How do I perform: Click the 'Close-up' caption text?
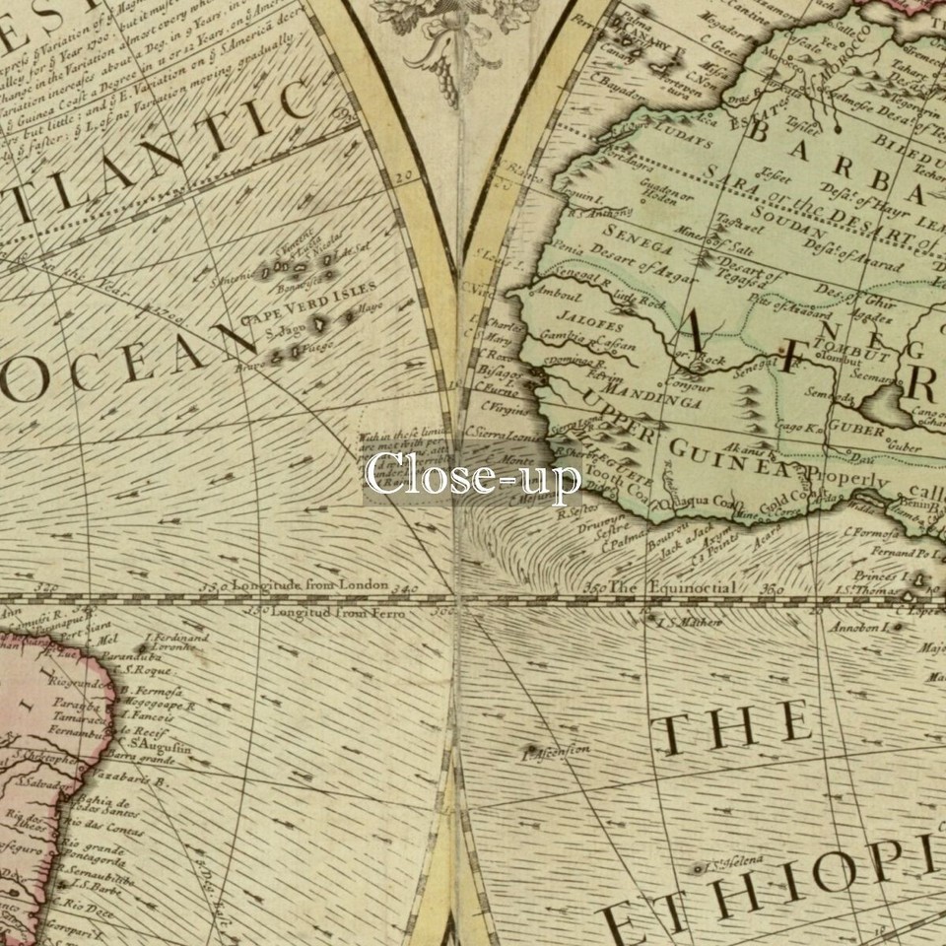click(x=473, y=476)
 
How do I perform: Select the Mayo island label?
click(x=372, y=307)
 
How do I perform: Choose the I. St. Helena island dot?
click(x=700, y=869)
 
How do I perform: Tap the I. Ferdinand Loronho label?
click(x=177, y=642)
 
